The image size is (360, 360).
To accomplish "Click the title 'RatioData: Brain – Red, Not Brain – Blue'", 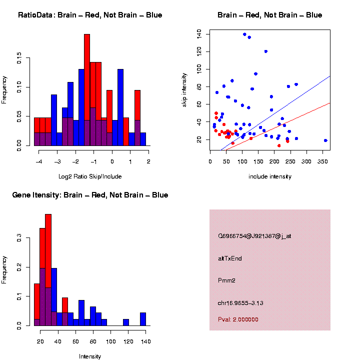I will tap(90, 15).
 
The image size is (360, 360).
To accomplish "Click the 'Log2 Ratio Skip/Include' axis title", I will tap(90, 176).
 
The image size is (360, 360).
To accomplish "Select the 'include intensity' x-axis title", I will tap(270, 176).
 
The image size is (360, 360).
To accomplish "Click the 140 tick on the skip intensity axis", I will tap(199, 33).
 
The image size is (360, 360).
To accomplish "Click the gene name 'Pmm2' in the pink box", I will tap(226, 280).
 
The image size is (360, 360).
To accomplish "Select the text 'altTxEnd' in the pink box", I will tap(230, 258).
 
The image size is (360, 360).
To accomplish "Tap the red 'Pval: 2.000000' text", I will tap(238, 319).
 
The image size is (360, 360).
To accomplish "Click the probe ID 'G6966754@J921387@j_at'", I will tap(254, 236).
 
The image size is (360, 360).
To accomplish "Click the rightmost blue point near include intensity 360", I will tap(325, 140).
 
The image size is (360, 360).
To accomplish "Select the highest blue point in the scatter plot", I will tap(244, 34).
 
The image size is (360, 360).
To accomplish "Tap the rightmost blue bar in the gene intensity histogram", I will tap(143, 319).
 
